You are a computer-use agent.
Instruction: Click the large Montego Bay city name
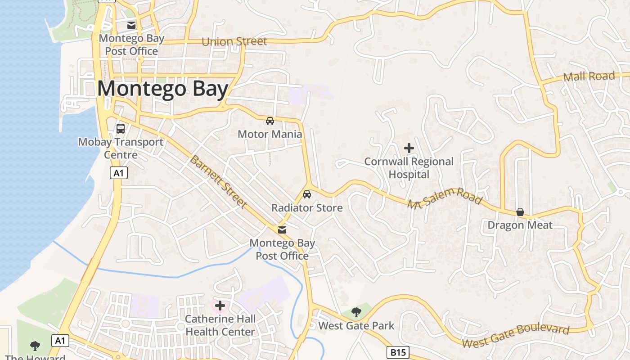tap(162, 89)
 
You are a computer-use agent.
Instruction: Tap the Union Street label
tap(234, 42)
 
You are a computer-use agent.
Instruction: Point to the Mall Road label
tap(589, 76)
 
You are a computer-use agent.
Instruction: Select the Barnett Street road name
tap(218, 182)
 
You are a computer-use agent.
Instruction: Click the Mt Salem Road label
tap(445, 198)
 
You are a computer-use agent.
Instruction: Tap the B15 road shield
tap(398, 352)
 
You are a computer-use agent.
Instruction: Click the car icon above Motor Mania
tap(270, 121)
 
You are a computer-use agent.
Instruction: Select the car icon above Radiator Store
tap(307, 194)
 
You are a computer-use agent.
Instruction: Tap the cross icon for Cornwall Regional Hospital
tap(409, 148)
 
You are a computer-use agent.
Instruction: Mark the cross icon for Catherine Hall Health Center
tap(220, 306)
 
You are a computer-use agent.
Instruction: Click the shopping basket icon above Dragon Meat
tap(520, 212)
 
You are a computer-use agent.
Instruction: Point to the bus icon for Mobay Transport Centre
tap(121, 129)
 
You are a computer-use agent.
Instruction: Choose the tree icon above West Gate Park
tap(356, 312)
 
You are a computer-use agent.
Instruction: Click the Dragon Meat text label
tap(520, 225)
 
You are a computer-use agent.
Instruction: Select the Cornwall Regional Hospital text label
tap(409, 168)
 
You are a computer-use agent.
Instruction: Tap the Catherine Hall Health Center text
tap(220, 325)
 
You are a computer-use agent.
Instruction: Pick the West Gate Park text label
tap(356, 326)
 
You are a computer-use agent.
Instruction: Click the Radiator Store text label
tap(307, 208)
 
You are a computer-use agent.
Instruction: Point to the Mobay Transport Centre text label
tap(121, 148)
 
